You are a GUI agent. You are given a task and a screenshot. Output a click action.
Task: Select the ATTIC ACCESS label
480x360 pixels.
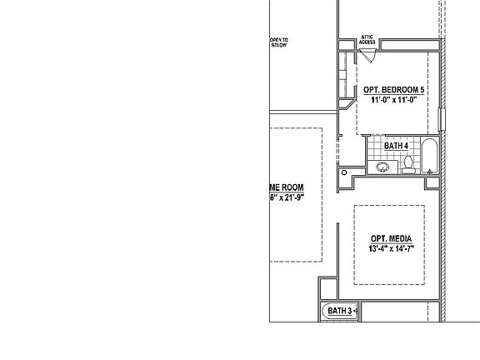(x=368, y=38)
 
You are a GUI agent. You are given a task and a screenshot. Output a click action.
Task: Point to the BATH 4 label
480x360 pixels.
(x=396, y=146)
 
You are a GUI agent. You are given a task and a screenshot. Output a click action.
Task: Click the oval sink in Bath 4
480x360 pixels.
(x=382, y=167)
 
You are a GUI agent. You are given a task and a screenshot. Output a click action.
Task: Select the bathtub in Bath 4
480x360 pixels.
(x=429, y=157)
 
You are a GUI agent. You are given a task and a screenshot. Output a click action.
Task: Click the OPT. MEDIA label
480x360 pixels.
(x=392, y=238)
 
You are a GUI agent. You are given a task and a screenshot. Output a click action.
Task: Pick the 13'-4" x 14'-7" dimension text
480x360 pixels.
(x=392, y=248)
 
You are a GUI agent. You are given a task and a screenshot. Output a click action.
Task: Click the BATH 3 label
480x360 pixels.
(x=339, y=311)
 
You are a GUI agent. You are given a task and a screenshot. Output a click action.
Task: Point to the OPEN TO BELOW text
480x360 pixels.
(x=278, y=42)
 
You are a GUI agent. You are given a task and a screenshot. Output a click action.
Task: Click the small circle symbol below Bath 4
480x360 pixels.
(x=343, y=172)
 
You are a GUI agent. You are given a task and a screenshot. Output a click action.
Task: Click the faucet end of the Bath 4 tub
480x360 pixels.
(x=429, y=170)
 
